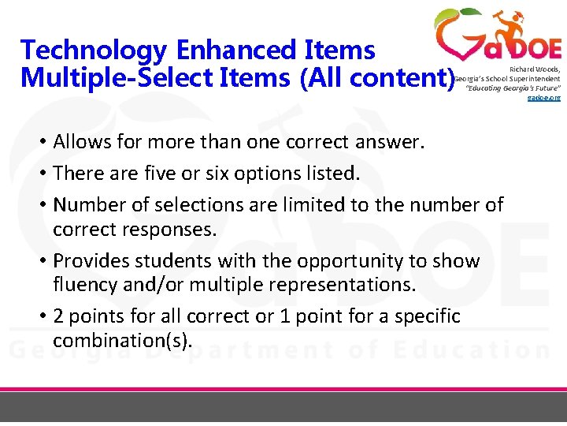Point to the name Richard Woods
coord(534,69)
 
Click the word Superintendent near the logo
coord(534,79)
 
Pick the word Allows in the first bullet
coord(80,144)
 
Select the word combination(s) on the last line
coord(122,341)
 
